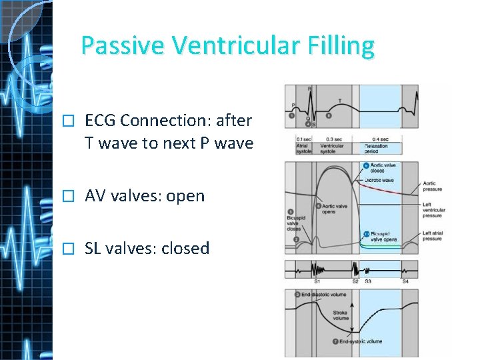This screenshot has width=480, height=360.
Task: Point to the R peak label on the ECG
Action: click(x=309, y=88)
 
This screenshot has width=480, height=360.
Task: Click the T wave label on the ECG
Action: click(x=341, y=101)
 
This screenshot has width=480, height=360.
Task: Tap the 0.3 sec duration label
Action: click(x=332, y=139)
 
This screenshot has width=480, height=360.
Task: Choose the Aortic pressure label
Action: click(x=432, y=186)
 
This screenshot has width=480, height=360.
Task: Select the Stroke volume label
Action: click(x=341, y=315)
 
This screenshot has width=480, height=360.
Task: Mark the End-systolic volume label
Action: click(x=360, y=342)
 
